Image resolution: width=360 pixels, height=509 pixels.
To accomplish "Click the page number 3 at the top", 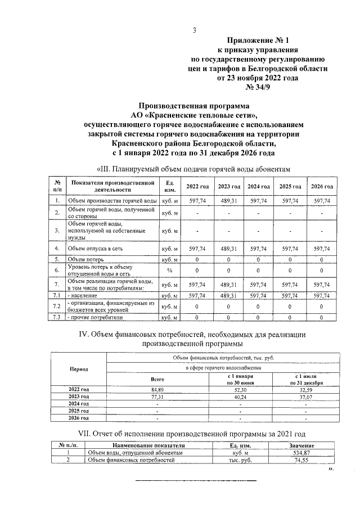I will [x=194, y=30].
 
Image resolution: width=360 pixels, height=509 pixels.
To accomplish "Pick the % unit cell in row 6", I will [x=169, y=271].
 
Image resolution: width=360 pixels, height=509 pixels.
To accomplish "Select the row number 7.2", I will [x=57, y=307].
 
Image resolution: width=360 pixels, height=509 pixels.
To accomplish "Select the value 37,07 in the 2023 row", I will [x=305, y=397].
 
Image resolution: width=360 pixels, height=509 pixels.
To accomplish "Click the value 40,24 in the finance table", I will [x=240, y=397].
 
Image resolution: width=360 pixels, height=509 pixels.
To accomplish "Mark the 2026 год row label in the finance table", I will [x=79, y=418].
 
